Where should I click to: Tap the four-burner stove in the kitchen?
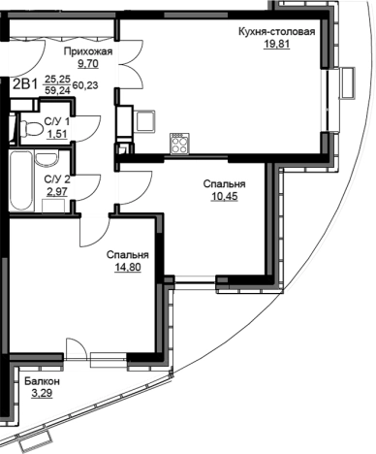coord(179,144)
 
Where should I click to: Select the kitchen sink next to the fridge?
coord(144,121)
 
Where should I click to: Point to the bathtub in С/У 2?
coord(21,180)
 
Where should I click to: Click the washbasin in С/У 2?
coord(47,159)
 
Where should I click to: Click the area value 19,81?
coord(276,44)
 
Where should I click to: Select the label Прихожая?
coord(88,51)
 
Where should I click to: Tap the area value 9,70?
coord(88,64)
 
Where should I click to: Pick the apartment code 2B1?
coord(25,85)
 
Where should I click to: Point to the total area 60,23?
coord(85,85)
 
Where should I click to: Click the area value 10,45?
coord(224,196)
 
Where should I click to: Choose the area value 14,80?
coord(128,268)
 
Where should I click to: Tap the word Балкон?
coord(43,381)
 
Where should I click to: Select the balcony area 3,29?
coord(42,394)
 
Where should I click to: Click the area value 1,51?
coord(57,134)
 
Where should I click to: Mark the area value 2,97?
coord(57,191)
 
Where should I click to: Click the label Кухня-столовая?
coord(276,32)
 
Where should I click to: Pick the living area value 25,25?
coord(57,80)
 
